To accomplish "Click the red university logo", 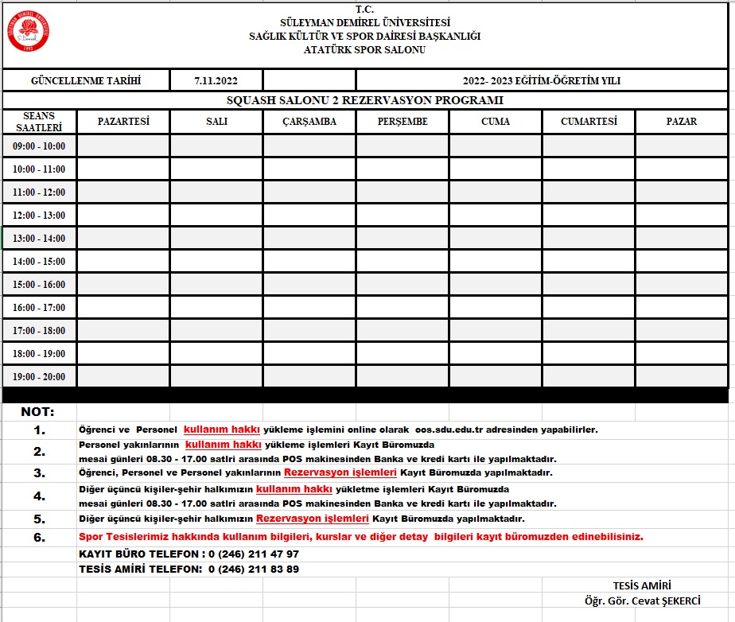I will click(x=29, y=31).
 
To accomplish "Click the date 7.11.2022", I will click(x=216, y=80).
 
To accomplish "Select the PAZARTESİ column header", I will click(x=123, y=122).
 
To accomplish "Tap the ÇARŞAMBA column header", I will click(x=309, y=122).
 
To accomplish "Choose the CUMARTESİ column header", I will click(x=589, y=122).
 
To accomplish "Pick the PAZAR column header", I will click(x=682, y=122).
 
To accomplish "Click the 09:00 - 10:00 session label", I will click(x=39, y=146).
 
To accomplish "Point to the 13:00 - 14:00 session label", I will click(x=39, y=239).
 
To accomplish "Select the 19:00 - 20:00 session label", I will click(x=39, y=377).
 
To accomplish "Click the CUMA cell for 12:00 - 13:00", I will click(x=496, y=215).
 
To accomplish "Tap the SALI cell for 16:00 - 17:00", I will click(x=216, y=307).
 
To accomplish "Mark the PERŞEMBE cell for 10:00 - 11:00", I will click(x=402, y=169).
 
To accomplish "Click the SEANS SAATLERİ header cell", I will click(x=39, y=122).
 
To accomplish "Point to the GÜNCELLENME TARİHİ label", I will click(x=85, y=80).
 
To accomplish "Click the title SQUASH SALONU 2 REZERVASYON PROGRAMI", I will click(x=365, y=100).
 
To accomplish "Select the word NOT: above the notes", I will click(x=38, y=412).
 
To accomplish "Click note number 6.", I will click(x=39, y=537).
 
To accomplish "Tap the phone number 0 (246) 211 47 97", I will click(x=253, y=554).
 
